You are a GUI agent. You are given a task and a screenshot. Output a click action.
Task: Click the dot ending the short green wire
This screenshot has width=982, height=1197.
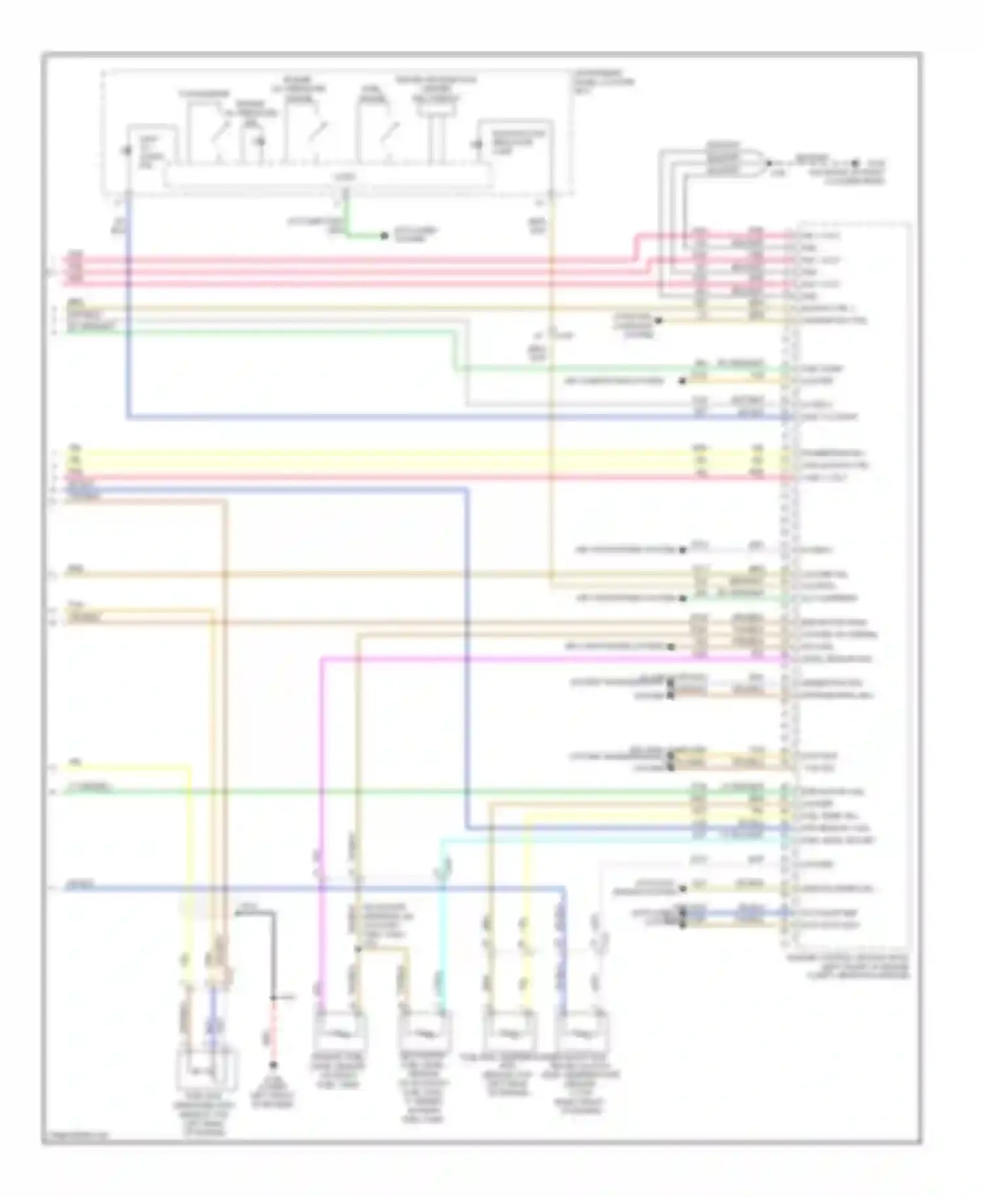tap(385, 236)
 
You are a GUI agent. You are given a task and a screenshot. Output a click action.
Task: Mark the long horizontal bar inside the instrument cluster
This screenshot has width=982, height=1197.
tap(327, 177)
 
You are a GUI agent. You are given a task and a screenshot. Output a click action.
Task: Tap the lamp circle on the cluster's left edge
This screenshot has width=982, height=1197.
tap(128, 151)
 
